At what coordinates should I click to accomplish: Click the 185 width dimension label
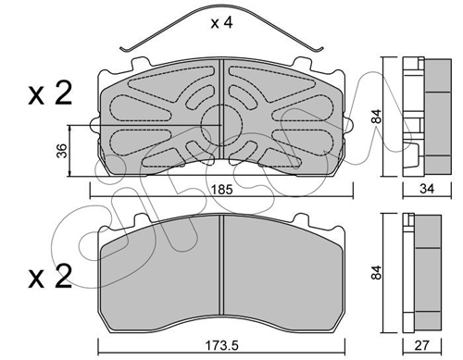tap(222, 190)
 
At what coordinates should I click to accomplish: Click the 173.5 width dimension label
tap(221, 345)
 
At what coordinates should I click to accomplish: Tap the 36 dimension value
tap(63, 151)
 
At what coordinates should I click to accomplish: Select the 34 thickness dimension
tap(427, 189)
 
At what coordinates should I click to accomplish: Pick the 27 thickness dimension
tap(422, 345)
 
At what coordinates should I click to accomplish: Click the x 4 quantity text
tap(221, 23)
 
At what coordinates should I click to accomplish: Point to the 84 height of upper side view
tap(377, 117)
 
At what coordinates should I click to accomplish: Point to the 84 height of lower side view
tap(377, 272)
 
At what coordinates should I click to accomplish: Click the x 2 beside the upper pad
tap(50, 93)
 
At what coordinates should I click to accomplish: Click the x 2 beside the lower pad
tap(50, 277)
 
